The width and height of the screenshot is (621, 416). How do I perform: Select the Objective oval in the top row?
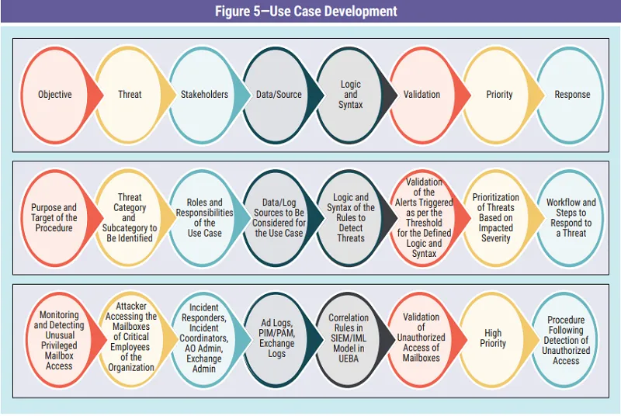pyautogui.click(x=54, y=95)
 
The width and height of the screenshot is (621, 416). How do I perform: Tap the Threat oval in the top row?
pyautogui.click(x=130, y=95)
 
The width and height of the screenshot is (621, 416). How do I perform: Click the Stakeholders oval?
pyautogui.click(x=204, y=95)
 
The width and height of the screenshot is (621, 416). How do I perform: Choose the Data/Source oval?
pyautogui.click(x=279, y=95)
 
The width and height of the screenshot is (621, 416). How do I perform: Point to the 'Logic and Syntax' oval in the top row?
pyautogui.click(x=351, y=95)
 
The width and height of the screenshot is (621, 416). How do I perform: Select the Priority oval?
pyautogui.click(x=499, y=95)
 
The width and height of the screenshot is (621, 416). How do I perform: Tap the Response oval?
pyautogui.click(x=572, y=95)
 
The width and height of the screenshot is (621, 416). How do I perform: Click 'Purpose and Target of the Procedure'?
pyautogui.click(x=54, y=217)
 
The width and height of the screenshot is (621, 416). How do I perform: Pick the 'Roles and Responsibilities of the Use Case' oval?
pyautogui.click(x=204, y=217)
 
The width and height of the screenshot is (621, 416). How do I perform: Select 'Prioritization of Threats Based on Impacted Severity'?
pyautogui.click(x=499, y=217)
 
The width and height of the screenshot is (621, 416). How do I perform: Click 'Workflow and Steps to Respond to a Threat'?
pyautogui.click(x=572, y=217)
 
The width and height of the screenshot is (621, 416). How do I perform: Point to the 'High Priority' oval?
pyautogui.click(x=493, y=338)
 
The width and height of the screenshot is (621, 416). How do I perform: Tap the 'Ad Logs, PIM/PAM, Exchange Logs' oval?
pyautogui.click(x=277, y=338)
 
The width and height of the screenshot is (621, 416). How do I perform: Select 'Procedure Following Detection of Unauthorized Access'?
pyautogui.click(x=567, y=340)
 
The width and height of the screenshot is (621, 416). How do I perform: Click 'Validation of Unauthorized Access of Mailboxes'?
pyautogui.click(x=422, y=338)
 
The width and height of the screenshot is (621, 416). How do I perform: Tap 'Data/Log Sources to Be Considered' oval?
pyautogui.click(x=279, y=217)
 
